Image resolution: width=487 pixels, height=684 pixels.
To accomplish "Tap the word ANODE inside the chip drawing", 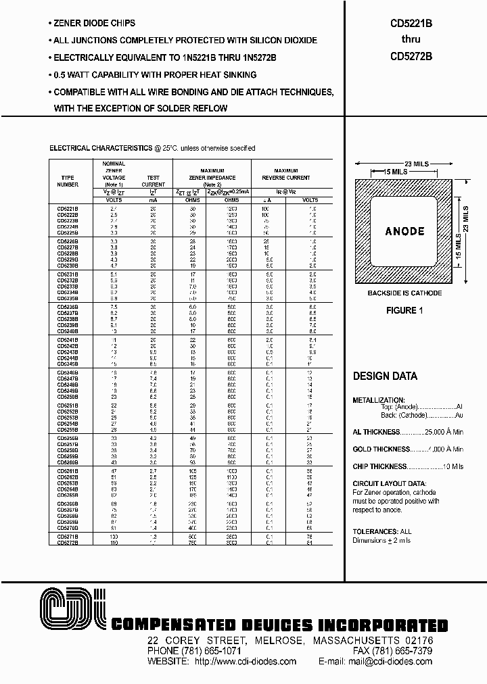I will point(404,231).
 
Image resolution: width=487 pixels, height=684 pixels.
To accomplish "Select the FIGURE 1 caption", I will point(404,311).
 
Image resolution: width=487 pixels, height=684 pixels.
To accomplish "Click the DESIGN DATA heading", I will point(385,376).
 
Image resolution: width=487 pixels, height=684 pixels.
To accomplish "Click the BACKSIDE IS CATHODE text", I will point(404,293).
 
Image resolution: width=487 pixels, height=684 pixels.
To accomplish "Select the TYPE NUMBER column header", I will point(68,180).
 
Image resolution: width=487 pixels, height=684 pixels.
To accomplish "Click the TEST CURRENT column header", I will point(153,180).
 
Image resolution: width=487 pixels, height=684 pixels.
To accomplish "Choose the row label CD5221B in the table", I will point(68,210).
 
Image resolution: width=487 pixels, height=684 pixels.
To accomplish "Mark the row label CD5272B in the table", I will point(68,542).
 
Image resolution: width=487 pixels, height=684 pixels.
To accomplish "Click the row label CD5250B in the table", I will point(68,397).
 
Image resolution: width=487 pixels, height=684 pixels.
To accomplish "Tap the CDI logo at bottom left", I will point(72,609).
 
